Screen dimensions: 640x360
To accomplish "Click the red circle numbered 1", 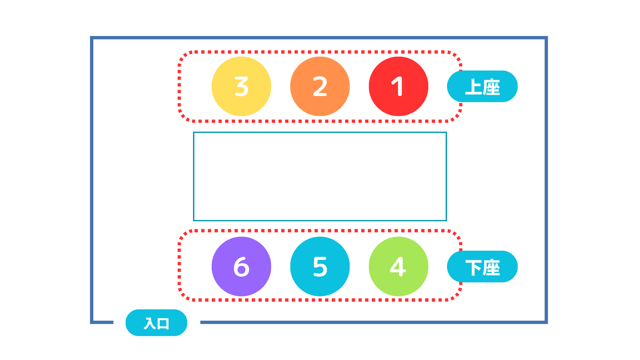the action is pos(398,86).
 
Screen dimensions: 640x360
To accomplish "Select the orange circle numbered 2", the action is pos(320,86).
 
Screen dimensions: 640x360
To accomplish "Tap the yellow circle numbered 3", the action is pos(241,86).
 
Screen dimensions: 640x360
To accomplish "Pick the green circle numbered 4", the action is pos(398,266).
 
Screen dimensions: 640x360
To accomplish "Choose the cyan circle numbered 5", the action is pos(320,266).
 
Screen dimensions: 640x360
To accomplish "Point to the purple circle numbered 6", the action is pos(241,266).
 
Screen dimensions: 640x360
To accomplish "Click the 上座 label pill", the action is pos(482,86).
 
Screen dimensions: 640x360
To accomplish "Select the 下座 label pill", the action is pos(482,267).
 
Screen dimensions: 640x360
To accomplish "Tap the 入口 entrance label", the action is pos(156,323).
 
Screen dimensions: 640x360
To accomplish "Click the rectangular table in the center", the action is pos(320,176).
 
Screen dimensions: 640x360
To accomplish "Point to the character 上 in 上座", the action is pos(473,87).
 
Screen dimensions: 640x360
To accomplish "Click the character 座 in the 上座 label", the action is pos(491,87).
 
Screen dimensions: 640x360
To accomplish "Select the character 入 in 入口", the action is pos(150,323).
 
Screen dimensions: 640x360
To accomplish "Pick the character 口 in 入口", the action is pos(163,323).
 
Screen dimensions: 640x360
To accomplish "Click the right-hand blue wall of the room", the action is pos(546,180).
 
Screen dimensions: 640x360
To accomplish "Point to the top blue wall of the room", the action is pos(319,38).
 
